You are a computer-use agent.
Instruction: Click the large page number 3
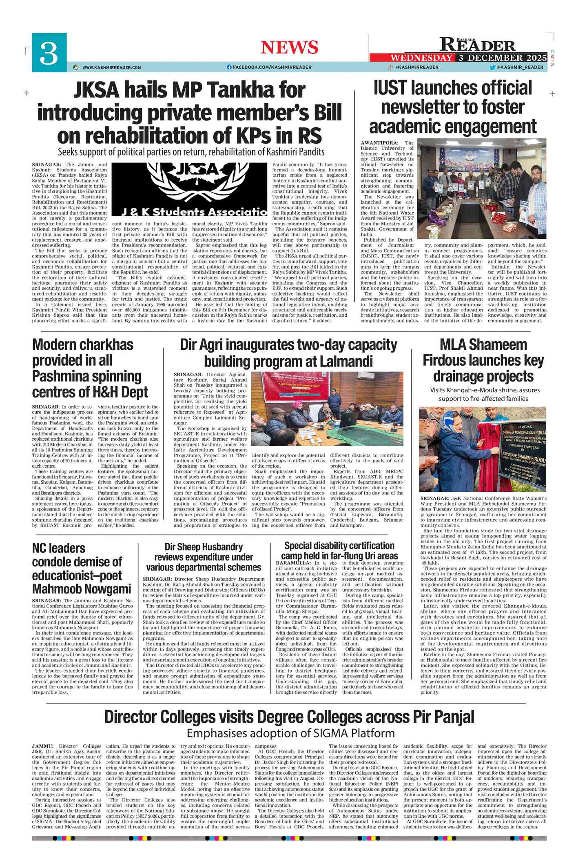point(49,53)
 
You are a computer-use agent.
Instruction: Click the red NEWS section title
point(289,47)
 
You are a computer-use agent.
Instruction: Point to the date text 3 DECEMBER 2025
point(502,58)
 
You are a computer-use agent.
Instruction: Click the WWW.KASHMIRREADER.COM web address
point(111,67)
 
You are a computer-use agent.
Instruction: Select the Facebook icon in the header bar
point(229,67)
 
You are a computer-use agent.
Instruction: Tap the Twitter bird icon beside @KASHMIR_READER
point(492,67)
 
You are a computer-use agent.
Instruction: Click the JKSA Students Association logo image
point(189,189)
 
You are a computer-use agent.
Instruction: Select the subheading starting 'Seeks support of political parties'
point(191,152)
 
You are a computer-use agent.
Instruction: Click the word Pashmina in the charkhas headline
point(86,376)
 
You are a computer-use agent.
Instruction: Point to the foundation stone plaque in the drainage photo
point(524,453)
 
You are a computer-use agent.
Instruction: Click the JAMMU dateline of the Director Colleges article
point(42,746)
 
